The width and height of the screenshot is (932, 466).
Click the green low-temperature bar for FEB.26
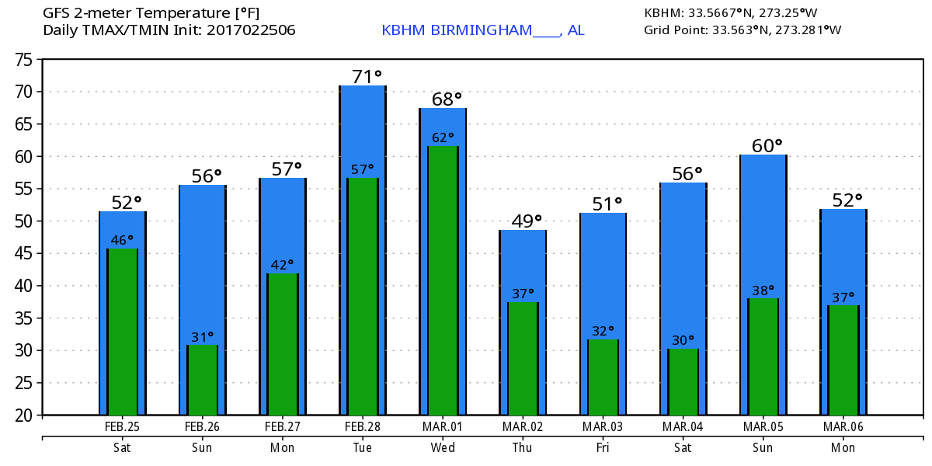203,380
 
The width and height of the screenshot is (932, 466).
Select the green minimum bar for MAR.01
443,280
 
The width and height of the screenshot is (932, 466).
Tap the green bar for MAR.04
683,381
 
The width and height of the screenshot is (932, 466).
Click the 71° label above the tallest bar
367,76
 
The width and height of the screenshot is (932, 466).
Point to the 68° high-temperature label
447,99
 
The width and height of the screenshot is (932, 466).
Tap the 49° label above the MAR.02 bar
527,221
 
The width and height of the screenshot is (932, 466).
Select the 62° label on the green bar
443,137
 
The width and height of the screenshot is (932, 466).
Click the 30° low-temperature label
683,340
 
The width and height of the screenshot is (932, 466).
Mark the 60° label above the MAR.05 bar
767,145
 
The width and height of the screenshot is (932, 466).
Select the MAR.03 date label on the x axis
603,427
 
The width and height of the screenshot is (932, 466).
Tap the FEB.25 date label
123,427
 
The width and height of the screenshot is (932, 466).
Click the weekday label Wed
443,448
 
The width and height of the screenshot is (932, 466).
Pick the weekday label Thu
523,448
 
